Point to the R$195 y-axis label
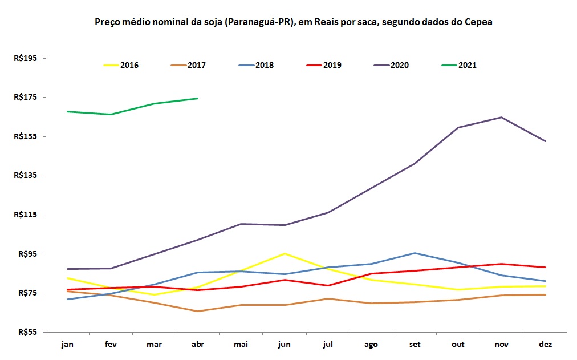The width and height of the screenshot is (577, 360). pos(25,58)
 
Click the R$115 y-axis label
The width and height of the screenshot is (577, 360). pos(25,215)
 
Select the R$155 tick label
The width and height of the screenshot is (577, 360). pos(25,136)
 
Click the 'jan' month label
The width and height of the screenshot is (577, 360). pos(67,344)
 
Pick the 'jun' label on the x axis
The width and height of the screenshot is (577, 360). pos(284,344)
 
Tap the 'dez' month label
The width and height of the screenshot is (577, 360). pos(546,344)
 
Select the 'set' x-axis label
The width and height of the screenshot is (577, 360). pos(415,344)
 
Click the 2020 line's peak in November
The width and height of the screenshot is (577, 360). pos(501,118)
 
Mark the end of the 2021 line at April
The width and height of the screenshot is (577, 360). pos(197,98)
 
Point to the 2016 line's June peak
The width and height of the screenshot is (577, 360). pos(285,253)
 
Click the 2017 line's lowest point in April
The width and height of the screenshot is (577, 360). pos(197,311)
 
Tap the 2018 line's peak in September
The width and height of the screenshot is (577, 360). pos(415,253)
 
